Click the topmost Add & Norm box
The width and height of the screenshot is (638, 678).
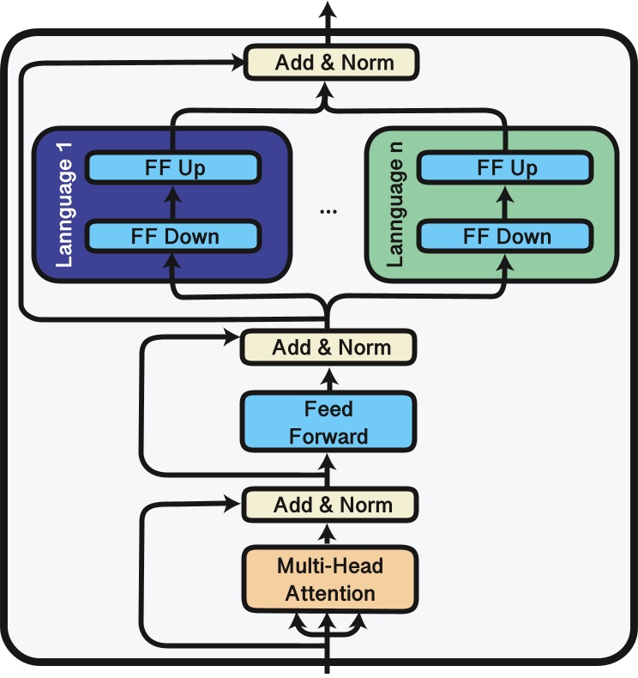click(x=331, y=63)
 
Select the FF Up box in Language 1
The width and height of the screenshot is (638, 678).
click(x=173, y=167)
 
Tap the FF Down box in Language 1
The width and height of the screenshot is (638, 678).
click(x=173, y=236)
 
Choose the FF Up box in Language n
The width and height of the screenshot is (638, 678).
click(x=505, y=167)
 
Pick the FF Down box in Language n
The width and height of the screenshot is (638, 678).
click(x=505, y=236)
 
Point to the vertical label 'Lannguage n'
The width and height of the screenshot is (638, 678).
click(x=395, y=205)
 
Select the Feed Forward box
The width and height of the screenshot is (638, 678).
click(x=329, y=422)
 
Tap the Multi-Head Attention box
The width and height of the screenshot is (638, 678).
click(x=330, y=580)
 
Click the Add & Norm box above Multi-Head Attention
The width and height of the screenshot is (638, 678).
click(x=330, y=505)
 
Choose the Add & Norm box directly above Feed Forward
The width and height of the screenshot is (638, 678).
click(x=329, y=348)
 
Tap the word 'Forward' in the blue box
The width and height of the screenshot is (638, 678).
click(x=329, y=436)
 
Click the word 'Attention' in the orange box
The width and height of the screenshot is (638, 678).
click(x=330, y=593)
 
